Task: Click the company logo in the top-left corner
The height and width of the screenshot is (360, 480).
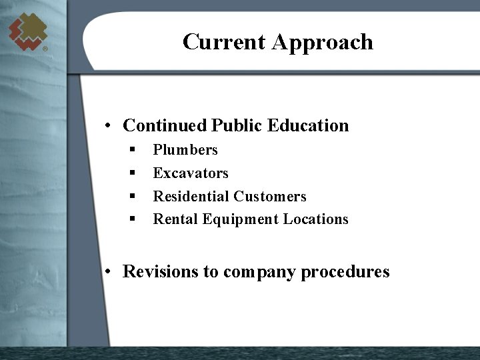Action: click(x=27, y=31)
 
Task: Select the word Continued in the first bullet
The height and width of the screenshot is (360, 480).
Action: click(x=165, y=125)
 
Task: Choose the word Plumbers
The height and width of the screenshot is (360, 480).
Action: click(x=185, y=150)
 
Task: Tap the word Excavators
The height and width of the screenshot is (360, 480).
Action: click(x=191, y=173)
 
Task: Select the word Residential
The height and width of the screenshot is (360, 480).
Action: click(x=191, y=196)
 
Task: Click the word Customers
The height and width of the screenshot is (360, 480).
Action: click(x=270, y=196)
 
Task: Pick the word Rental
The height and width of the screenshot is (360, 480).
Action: click(x=175, y=219)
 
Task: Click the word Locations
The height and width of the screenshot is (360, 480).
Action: click(x=315, y=219)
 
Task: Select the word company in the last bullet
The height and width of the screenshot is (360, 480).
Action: click(x=260, y=273)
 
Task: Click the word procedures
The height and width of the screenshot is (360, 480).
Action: click(x=345, y=272)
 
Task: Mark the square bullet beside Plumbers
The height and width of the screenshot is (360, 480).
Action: click(x=133, y=149)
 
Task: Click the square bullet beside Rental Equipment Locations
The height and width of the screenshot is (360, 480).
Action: click(x=133, y=218)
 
